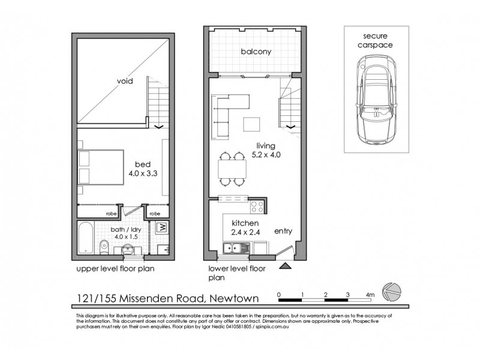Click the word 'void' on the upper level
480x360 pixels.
(x=125, y=80)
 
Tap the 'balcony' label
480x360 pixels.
(x=256, y=52)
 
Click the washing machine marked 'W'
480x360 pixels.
(x=161, y=229)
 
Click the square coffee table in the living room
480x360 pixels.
(x=252, y=124)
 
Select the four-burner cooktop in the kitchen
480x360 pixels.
(x=257, y=206)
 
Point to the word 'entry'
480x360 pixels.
(x=283, y=231)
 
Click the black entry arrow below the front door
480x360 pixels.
(x=286, y=265)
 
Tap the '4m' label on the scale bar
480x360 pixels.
(x=370, y=295)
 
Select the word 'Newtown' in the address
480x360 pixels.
(x=237, y=298)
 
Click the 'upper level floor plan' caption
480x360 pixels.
(x=116, y=269)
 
